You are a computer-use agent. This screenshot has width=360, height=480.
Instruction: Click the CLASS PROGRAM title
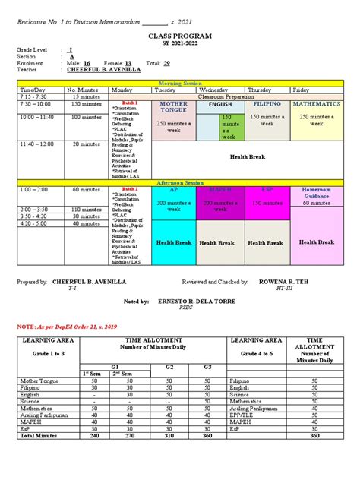click(x=179, y=36)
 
